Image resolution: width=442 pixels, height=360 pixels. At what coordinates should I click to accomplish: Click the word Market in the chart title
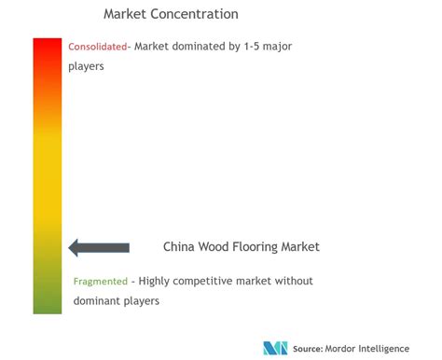click(125, 14)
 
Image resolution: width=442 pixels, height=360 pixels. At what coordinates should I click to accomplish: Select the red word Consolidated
click(98, 47)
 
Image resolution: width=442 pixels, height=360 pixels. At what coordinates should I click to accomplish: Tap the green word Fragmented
click(101, 282)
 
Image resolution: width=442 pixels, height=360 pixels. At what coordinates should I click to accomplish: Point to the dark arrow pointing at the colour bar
click(99, 247)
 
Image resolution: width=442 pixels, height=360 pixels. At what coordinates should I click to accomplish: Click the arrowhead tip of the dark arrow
click(69, 248)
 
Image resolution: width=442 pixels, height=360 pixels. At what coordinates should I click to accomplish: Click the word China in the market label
click(179, 246)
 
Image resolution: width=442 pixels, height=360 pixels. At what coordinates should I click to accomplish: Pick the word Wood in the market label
click(214, 246)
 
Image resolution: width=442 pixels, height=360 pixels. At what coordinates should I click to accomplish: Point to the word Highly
click(154, 282)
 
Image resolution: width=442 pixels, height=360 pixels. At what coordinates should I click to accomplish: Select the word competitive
click(203, 282)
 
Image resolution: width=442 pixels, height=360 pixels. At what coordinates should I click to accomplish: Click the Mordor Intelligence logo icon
click(275, 348)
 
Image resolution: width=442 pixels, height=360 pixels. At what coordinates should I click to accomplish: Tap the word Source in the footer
click(308, 349)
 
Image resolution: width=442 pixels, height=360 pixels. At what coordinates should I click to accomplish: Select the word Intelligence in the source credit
click(383, 349)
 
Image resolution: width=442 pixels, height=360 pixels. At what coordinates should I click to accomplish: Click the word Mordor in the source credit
click(340, 349)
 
